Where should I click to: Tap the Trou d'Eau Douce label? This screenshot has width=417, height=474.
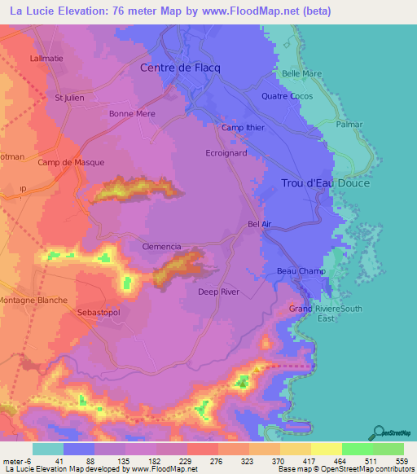pos(325,183)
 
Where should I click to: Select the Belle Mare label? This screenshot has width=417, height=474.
pos(301,73)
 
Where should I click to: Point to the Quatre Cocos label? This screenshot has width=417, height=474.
pos(287,96)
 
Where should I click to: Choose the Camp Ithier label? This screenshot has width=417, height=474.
pos(244,128)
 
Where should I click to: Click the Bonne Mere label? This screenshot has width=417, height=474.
pos(132,114)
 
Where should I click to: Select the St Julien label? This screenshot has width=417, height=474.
pos(69,98)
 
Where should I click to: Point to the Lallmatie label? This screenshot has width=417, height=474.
pos(46,59)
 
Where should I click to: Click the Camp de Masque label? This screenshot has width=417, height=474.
pos(71,162)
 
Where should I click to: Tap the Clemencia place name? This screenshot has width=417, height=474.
pos(161,246)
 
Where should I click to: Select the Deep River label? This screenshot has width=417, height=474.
pos(218,291)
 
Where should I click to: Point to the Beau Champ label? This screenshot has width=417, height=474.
pos(301,271)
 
